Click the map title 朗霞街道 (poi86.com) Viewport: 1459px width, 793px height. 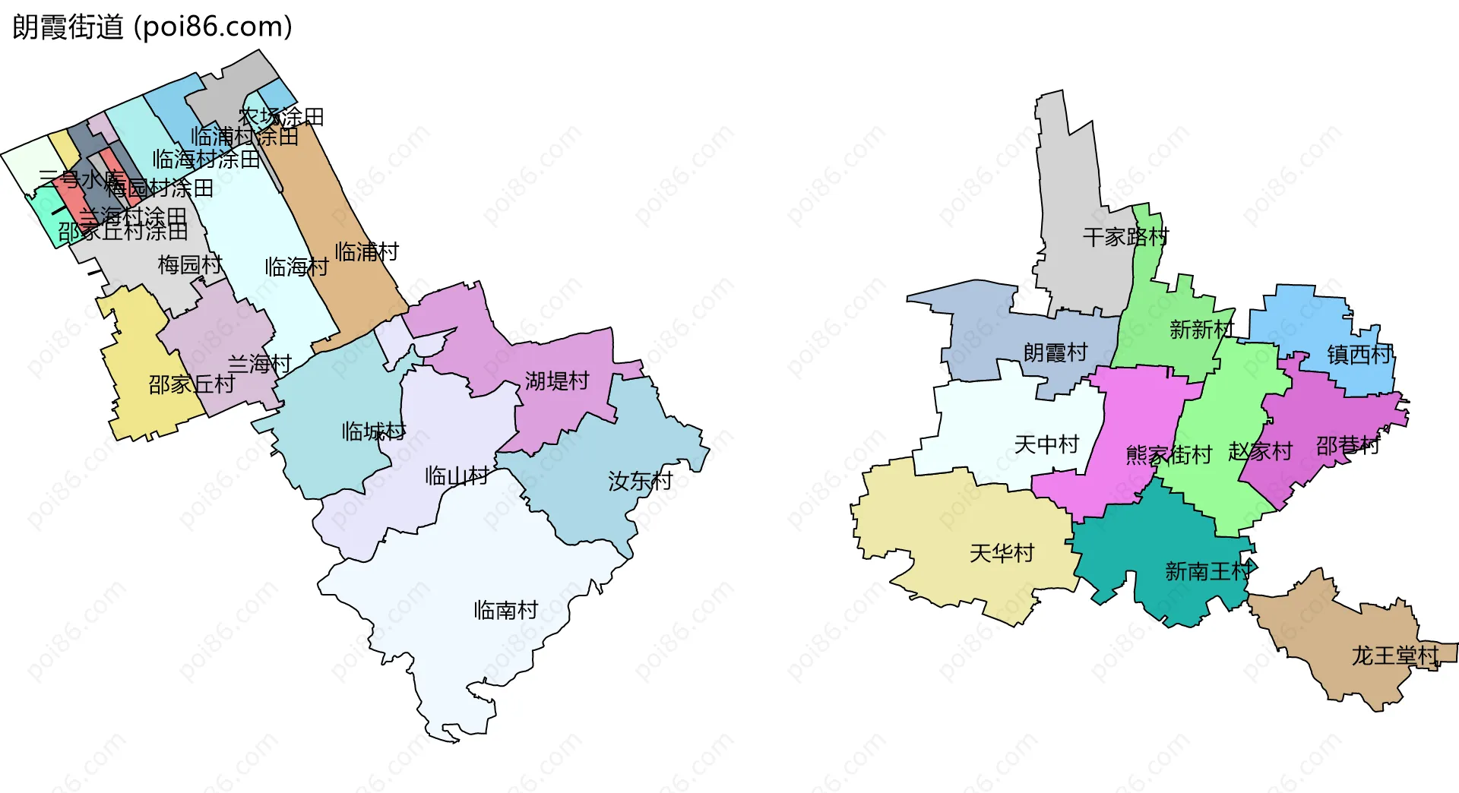pyautogui.click(x=152, y=27)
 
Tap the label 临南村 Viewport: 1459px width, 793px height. pyautogui.click(x=505, y=610)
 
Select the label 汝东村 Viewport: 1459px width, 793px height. pyautogui.click(x=640, y=481)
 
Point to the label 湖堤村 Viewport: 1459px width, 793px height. pyautogui.click(x=557, y=381)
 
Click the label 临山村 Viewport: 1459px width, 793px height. pyautogui.click(x=457, y=476)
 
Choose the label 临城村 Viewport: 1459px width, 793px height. pyautogui.click(x=373, y=431)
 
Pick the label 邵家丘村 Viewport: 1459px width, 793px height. pyautogui.click(x=191, y=384)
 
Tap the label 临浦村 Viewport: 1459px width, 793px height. pyautogui.click(x=366, y=251)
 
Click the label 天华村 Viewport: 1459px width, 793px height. pyautogui.click(x=1002, y=553)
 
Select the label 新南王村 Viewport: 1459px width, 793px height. pyautogui.click(x=1207, y=571)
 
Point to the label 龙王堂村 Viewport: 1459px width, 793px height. pyautogui.click(x=1395, y=656)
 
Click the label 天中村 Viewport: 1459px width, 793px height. pyautogui.click(x=1046, y=444)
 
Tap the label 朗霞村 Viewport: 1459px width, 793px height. pyautogui.click(x=1055, y=352)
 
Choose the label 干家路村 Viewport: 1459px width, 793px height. pyautogui.click(x=1125, y=237)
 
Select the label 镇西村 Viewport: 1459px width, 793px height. pyautogui.click(x=1359, y=354)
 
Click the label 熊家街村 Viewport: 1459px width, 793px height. pyautogui.click(x=1169, y=455)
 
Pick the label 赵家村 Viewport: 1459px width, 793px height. pyautogui.click(x=1260, y=452)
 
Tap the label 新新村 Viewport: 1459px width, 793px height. pyautogui.click(x=1201, y=330)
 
